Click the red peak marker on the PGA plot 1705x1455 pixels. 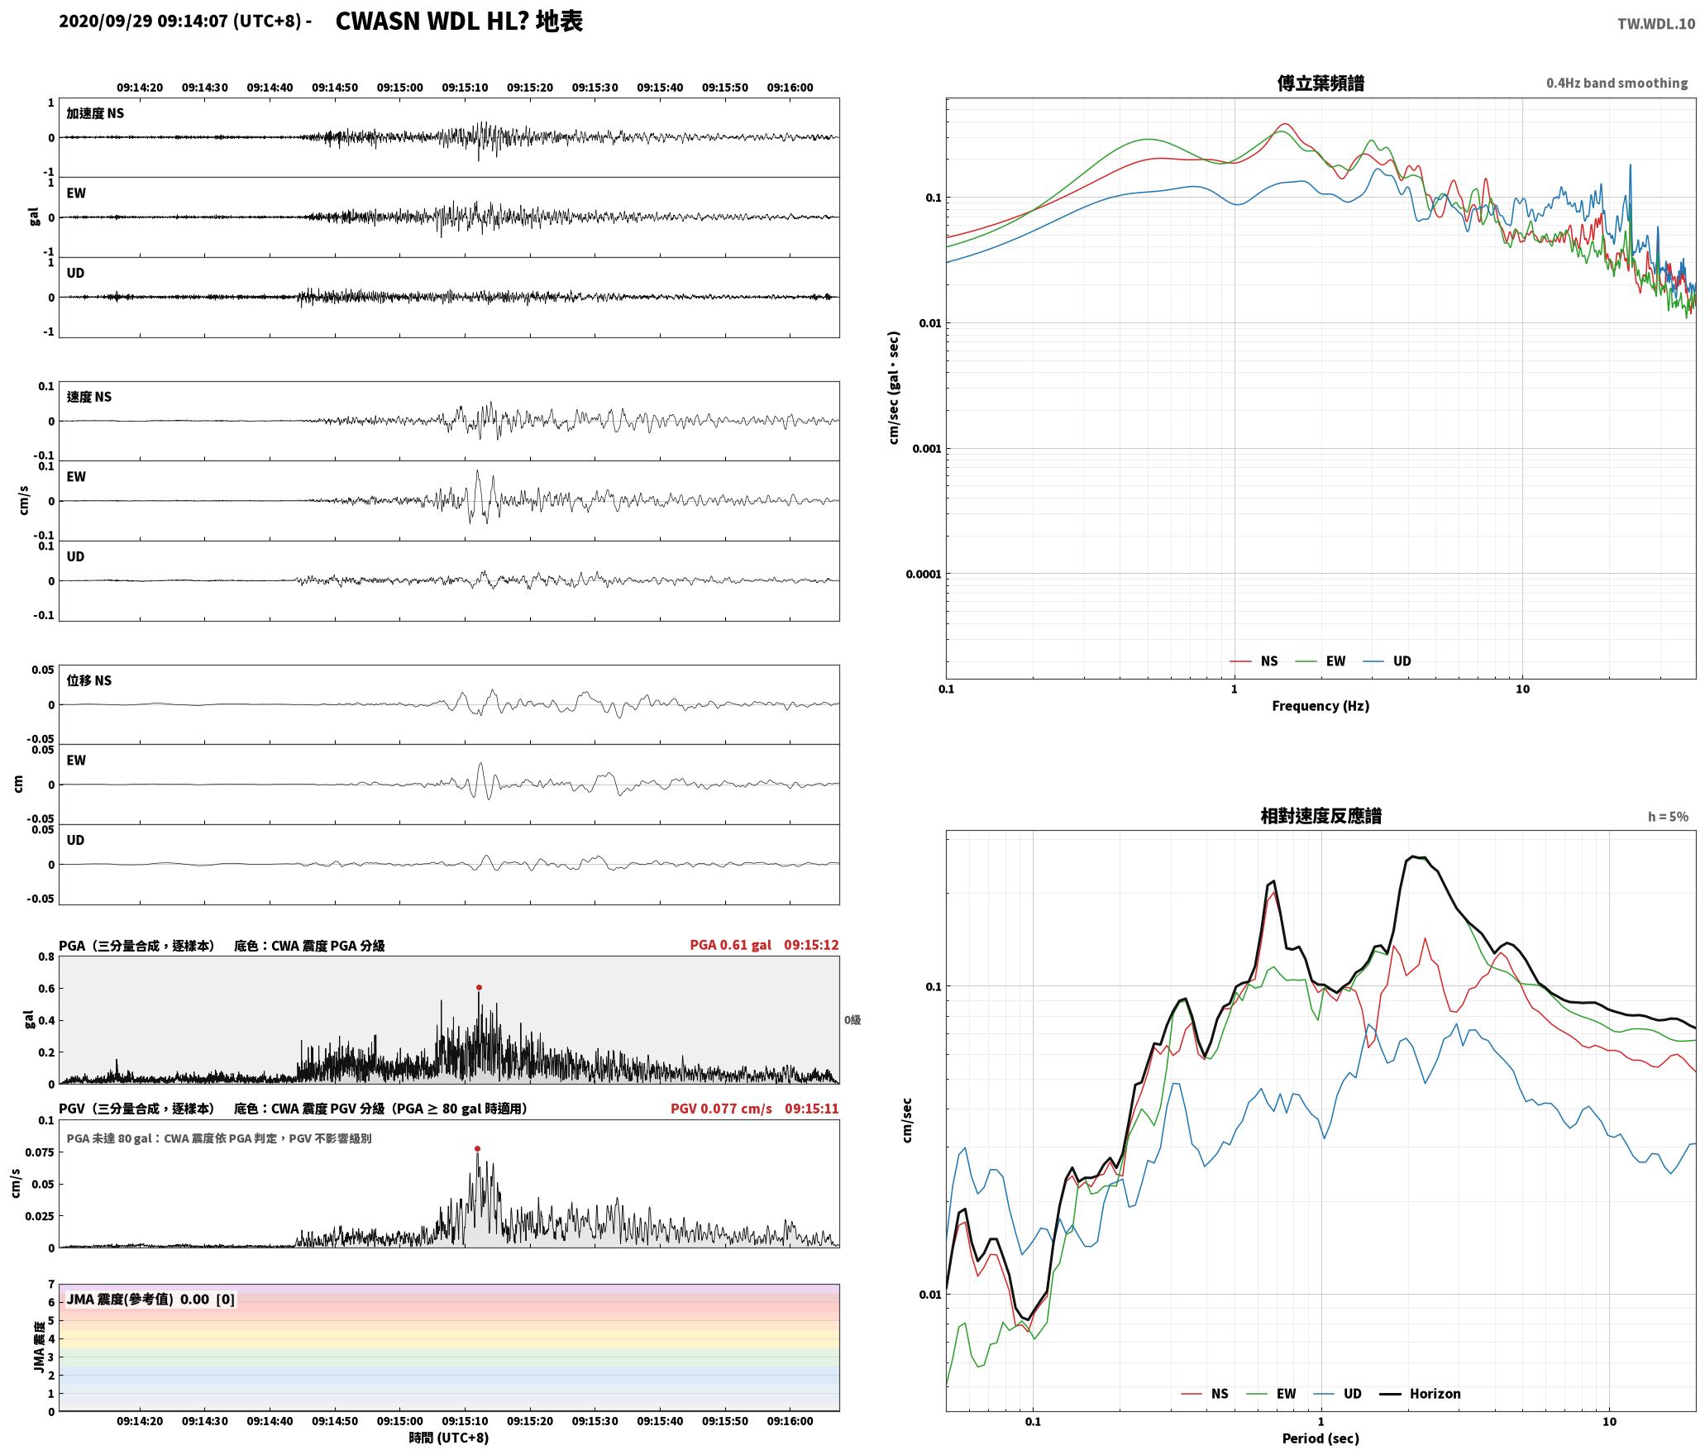[479, 987]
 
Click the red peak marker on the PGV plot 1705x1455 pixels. [477, 1148]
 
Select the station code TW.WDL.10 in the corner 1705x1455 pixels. [1656, 24]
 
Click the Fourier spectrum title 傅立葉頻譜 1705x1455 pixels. [1321, 83]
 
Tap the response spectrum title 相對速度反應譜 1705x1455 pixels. [1321, 815]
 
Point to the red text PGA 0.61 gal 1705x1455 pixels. [730, 945]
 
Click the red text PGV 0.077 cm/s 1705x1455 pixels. [721, 1108]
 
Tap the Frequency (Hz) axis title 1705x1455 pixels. [1321, 705]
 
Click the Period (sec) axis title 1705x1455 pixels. [1321, 1438]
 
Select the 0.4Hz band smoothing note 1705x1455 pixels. [1617, 83]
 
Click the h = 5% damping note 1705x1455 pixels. [1668, 816]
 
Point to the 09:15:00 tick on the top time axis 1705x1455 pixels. [399, 87]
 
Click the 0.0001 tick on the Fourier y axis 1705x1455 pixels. [924, 574]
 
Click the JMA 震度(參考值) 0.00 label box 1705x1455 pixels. [150, 1299]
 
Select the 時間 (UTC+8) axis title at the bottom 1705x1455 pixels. [449, 1438]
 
